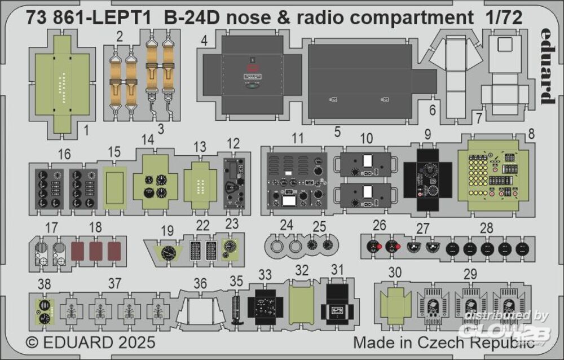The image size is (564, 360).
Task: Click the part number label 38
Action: point(42,283)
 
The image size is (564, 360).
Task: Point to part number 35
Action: point(236,280)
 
